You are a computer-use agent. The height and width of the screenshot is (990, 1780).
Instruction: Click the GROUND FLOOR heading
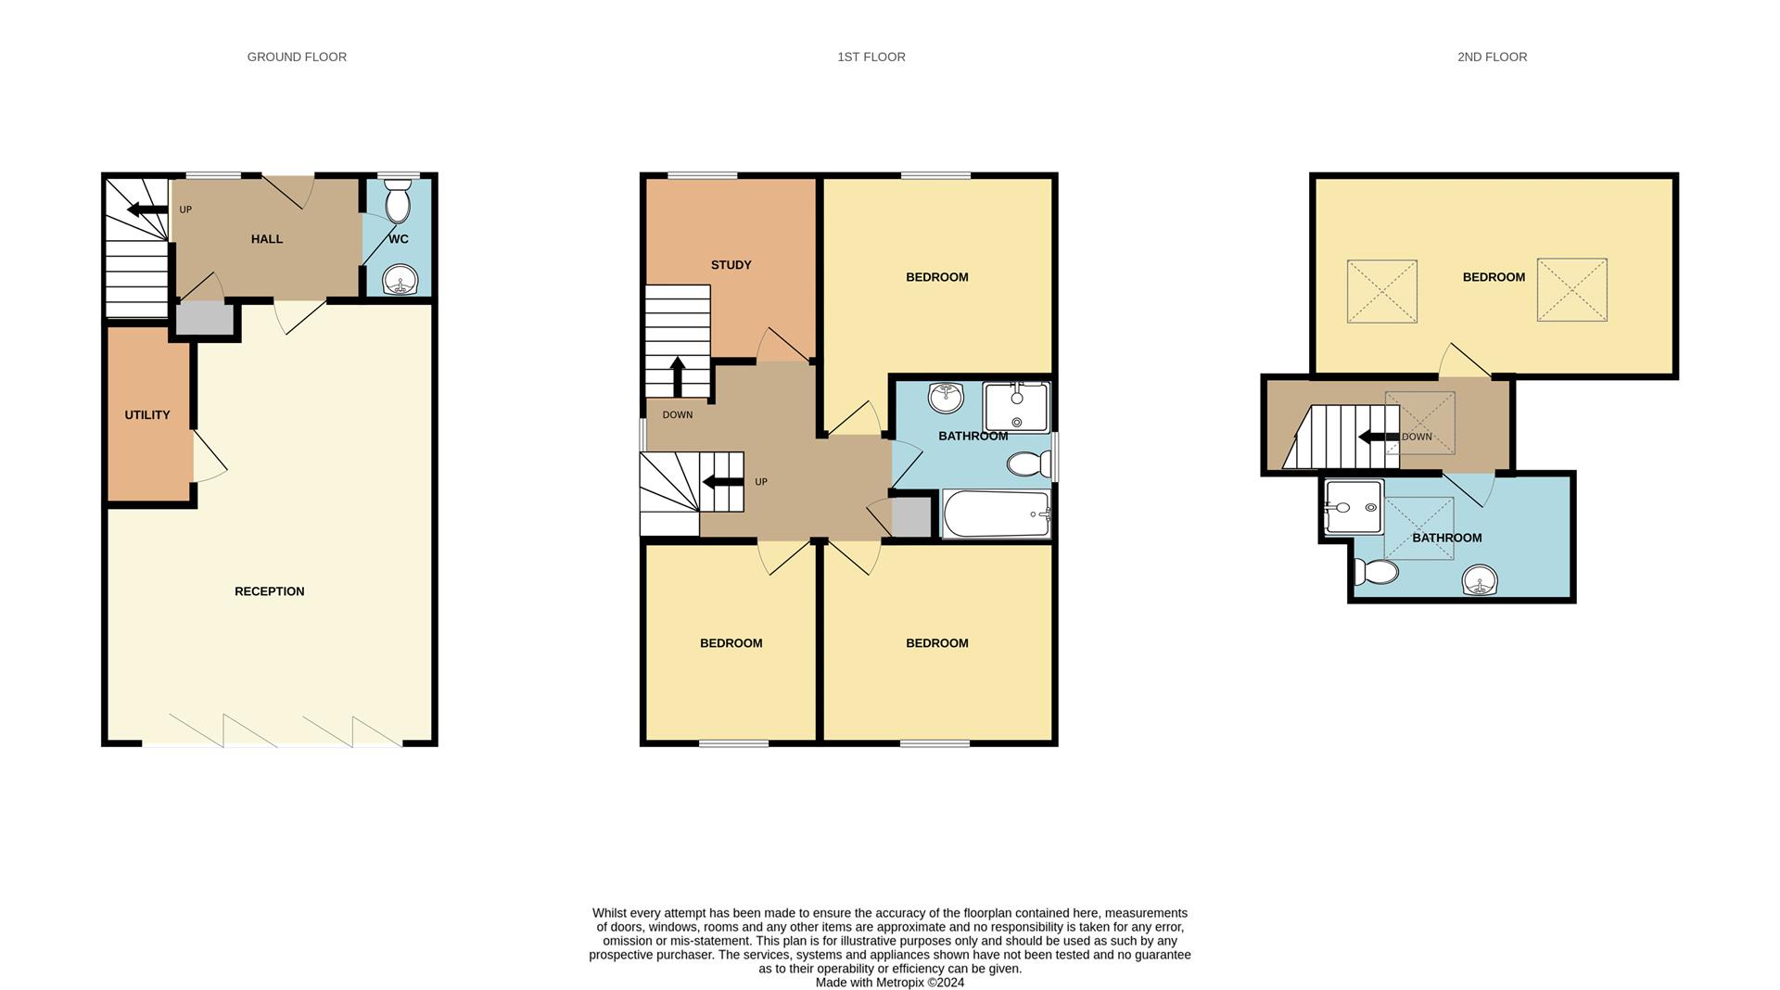pos(297,57)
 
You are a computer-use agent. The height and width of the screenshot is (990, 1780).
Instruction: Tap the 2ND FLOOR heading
pos(1492,57)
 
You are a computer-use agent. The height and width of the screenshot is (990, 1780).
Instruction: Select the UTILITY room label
pos(147,414)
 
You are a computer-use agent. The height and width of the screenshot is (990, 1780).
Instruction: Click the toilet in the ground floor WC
pos(398,203)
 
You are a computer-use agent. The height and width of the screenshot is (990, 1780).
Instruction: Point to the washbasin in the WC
pos(400,279)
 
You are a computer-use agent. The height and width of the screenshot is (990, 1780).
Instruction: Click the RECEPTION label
pos(269,591)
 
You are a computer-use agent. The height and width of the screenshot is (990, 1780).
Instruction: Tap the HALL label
pos(267,239)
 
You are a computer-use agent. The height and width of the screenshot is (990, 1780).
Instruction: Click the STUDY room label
pos(731,265)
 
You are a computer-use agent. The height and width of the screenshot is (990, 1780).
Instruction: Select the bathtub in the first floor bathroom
pos(996,514)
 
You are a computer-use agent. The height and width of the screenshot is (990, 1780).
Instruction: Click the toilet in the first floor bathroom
pos(1029,463)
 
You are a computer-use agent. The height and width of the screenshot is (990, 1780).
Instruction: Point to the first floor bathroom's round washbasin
pos(946,398)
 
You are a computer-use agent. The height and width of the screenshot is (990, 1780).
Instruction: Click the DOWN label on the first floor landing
pos(678,415)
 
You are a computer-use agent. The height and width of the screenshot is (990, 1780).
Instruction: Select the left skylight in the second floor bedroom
pos(1381,291)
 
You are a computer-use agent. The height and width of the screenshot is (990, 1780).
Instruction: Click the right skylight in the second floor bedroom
pos(1571,290)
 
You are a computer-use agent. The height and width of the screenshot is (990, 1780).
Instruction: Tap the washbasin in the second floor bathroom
pos(1480,581)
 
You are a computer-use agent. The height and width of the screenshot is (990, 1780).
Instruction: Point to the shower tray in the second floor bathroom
pos(1354,507)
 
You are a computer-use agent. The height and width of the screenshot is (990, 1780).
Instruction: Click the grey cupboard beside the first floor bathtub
pos(909,517)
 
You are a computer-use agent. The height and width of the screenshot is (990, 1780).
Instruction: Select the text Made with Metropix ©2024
pos(889,983)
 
